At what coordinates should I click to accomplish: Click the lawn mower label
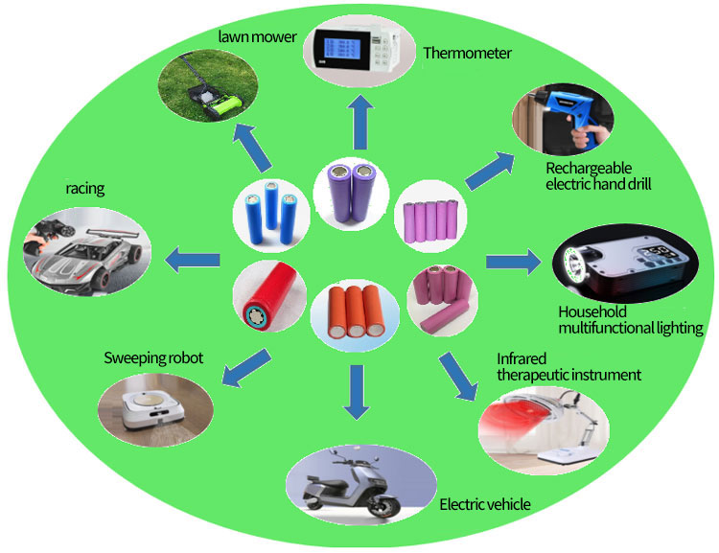[250, 37]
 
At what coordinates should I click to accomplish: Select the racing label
[84, 189]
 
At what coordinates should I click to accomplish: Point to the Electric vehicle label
[484, 504]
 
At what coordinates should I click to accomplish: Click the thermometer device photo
[359, 55]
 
